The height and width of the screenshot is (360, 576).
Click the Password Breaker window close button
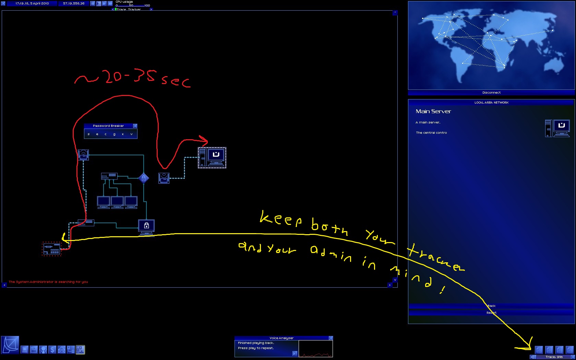pyautogui.click(x=135, y=126)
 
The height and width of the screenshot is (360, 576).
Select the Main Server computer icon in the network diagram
pyautogui.click(x=212, y=157)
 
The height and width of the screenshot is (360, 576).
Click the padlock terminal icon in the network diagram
pyautogui.click(x=146, y=226)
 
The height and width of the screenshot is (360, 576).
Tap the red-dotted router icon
pyautogui.click(x=51, y=249)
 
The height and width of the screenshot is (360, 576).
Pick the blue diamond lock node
pyautogui.click(x=144, y=178)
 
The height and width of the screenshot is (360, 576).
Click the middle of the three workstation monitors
pyautogui.click(x=117, y=202)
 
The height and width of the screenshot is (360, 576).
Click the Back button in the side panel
pyautogui.click(x=491, y=306)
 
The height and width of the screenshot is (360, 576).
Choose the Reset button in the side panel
pyautogui.click(x=491, y=313)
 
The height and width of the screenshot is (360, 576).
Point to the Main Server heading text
pyautogui.click(x=433, y=111)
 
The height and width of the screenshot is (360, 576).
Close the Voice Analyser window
pyautogui.click(x=331, y=338)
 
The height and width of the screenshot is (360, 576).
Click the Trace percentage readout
pyautogui.click(x=554, y=357)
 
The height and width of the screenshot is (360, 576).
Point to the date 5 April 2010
pyautogui.click(x=39, y=3)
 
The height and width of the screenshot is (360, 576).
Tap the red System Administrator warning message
pyautogui.click(x=48, y=282)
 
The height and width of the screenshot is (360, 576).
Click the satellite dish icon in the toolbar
pyautogui.click(x=10, y=345)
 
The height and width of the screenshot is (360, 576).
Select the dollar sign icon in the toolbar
pyautogui.click(x=52, y=350)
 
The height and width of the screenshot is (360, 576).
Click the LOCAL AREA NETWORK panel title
pyautogui.click(x=491, y=103)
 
